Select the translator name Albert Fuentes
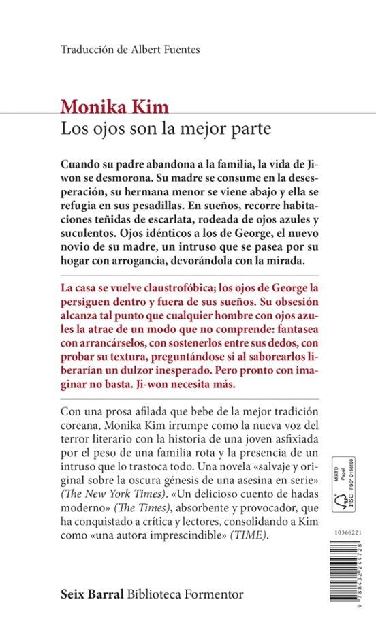[164, 50]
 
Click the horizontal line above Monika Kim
[187, 93]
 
